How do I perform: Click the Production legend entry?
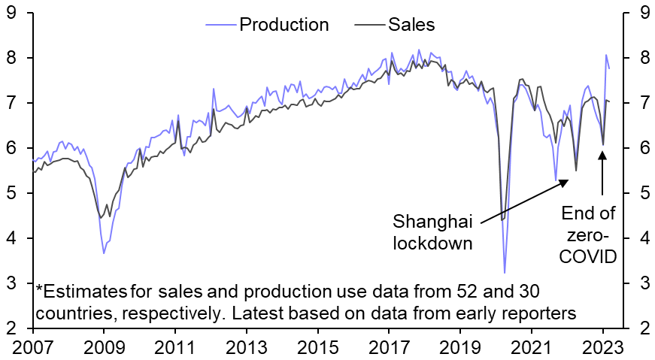coord(284,25)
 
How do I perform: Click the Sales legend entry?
coord(411,25)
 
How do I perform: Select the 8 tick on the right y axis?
coord(644,58)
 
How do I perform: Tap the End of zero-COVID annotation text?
coord(589,235)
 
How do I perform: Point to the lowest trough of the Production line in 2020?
coord(505,272)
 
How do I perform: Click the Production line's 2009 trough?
coord(104,253)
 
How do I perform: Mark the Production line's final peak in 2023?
coord(606,55)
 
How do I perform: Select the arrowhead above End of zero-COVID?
coord(602,154)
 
